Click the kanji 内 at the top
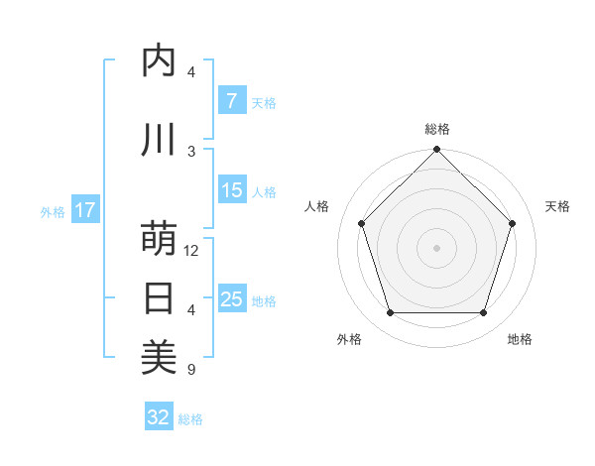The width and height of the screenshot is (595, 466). (x=159, y=61)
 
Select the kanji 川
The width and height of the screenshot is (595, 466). (x=159, y=140)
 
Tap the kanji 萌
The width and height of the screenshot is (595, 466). (x=159, y=240)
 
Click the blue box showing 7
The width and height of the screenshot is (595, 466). (x=231, y=101)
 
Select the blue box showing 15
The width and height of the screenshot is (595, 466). (x=232, y=190)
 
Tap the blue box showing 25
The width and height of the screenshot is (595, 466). (x=232, y=299)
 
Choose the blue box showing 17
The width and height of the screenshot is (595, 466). (x=85, y=210)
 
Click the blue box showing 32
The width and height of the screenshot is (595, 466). (x=159, y=417)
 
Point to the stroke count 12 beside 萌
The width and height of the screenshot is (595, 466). (x=192, y=251)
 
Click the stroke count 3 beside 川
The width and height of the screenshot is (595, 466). (x=191, y=151)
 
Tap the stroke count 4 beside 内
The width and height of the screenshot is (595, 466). (x=191, y=72)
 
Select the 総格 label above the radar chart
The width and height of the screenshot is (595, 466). (x=436, y=129)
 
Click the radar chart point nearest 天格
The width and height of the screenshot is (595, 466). (x=512, y=223)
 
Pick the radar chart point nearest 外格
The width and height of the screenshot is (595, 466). (x=390, y=313)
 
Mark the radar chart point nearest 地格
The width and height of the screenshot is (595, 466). (x=483, y=313)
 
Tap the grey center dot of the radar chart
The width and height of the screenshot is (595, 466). (x=436, y=248)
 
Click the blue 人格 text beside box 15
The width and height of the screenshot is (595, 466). (x=264, y=191)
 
